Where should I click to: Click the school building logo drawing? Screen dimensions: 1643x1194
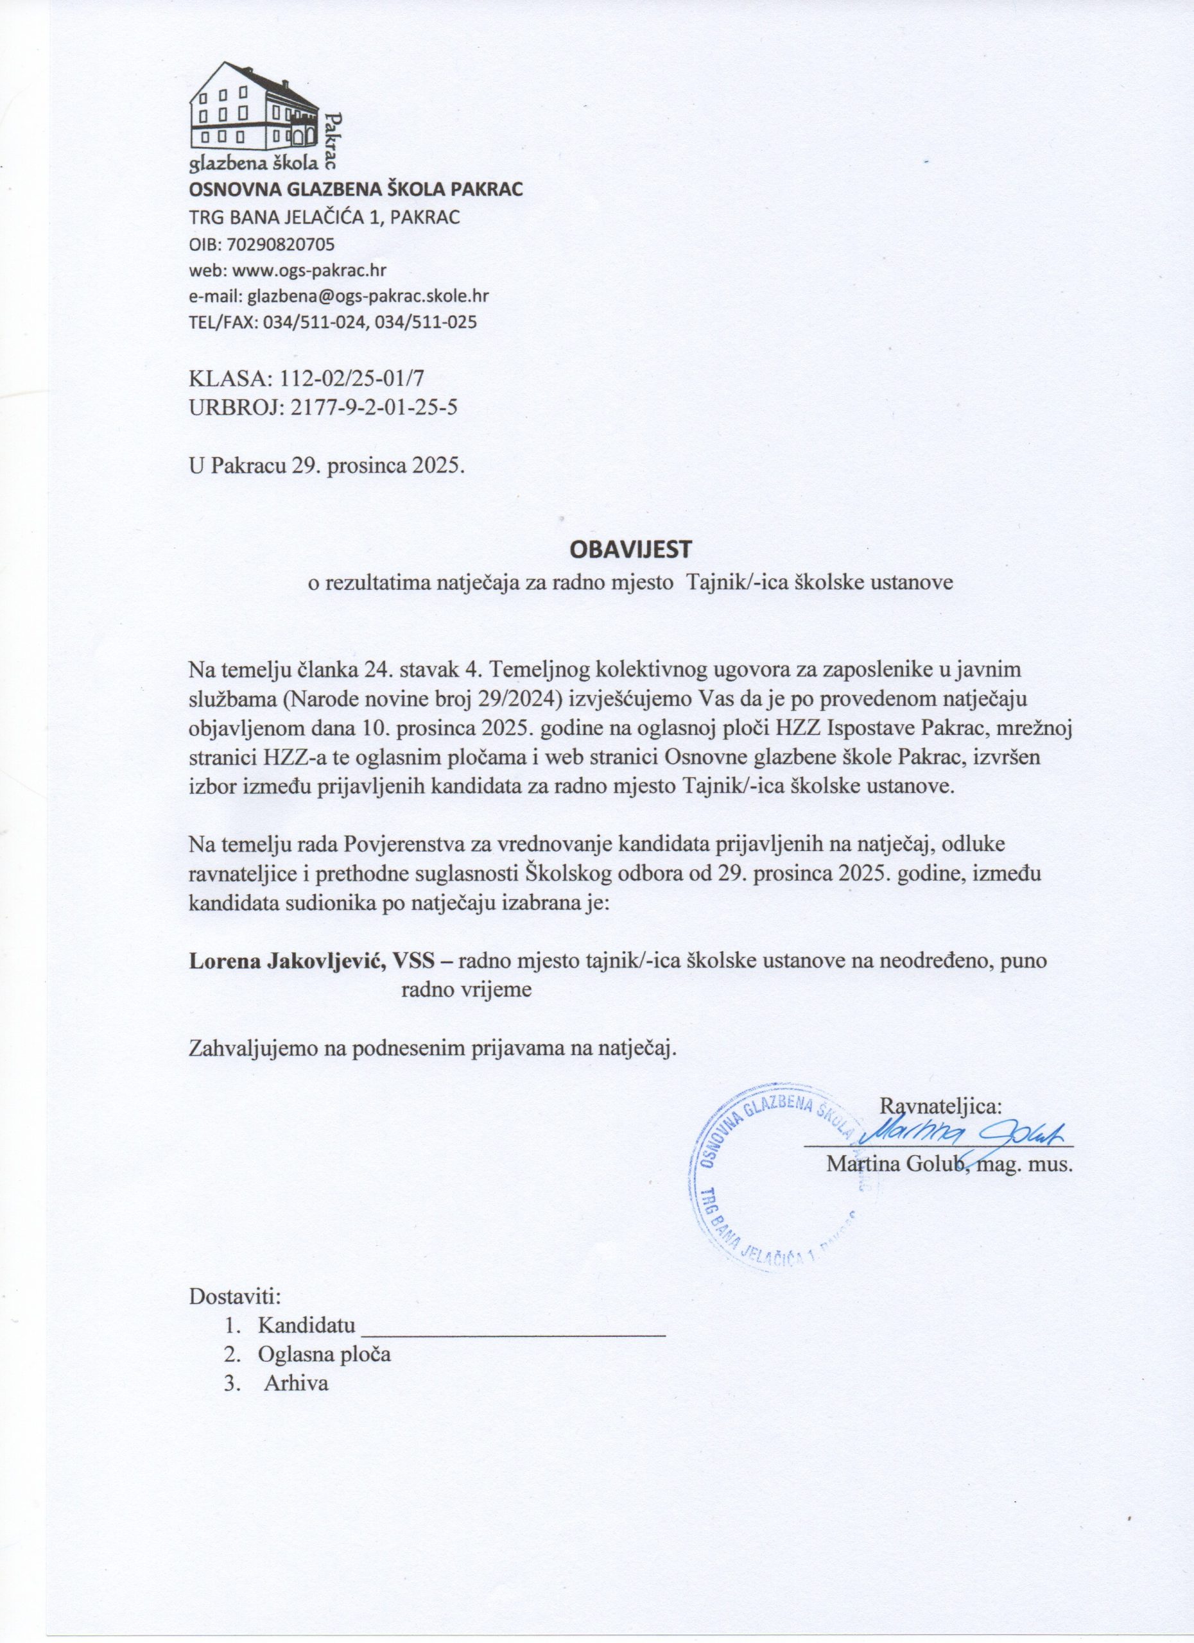254,105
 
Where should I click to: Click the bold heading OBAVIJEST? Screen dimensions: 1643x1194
631,549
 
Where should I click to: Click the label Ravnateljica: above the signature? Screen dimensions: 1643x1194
940,1106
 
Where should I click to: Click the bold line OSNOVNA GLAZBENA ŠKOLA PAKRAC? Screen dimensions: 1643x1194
355,191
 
